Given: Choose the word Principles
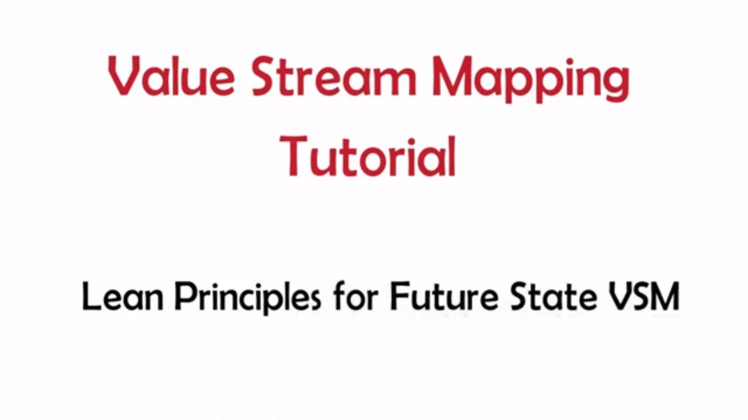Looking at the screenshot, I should pos(248,297).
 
